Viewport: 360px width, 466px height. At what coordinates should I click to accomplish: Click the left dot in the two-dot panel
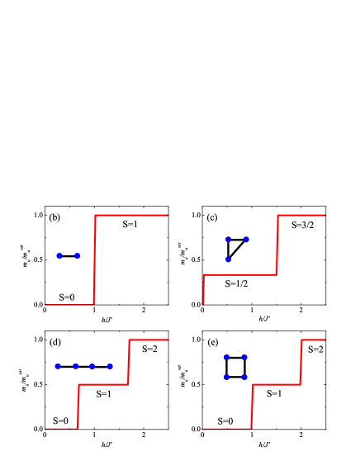click(59, 256)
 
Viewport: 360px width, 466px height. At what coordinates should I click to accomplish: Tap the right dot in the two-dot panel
click(78, 256)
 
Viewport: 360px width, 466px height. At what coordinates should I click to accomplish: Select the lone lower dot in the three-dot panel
click(228, 259)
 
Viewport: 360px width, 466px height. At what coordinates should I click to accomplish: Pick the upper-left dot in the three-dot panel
click(228, 240)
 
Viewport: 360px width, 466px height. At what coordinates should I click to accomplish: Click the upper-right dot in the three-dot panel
click(246, 240)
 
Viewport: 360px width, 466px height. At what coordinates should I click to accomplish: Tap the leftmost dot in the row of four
click(58, 366)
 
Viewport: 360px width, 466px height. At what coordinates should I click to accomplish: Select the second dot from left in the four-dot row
click(75, 366)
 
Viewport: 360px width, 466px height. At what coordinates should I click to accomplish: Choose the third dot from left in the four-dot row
click(92, 366)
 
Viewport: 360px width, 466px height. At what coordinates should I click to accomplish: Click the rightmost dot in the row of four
click(110, 366)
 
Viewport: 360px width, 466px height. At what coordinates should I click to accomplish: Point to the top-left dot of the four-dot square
click(226, 358)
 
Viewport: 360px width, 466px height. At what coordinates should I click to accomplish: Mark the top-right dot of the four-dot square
click(244, 358)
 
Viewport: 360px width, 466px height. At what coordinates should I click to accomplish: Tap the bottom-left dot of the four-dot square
click(226, 377)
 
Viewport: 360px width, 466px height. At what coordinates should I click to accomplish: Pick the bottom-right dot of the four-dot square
click(244, 377)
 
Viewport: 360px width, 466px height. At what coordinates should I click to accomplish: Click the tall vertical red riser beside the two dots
click(94, 259)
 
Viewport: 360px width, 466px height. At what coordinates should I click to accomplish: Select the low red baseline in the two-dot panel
click(69, 304)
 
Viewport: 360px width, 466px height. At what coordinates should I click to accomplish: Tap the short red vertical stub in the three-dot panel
click(203, 289)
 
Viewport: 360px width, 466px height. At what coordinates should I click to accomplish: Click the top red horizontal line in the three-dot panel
click(301, 215)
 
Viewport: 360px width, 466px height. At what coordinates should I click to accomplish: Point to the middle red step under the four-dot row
click(103, 384)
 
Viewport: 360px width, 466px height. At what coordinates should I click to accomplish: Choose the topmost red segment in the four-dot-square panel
click(313, 340)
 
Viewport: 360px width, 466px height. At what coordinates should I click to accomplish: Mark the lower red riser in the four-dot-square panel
click(251, 407)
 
